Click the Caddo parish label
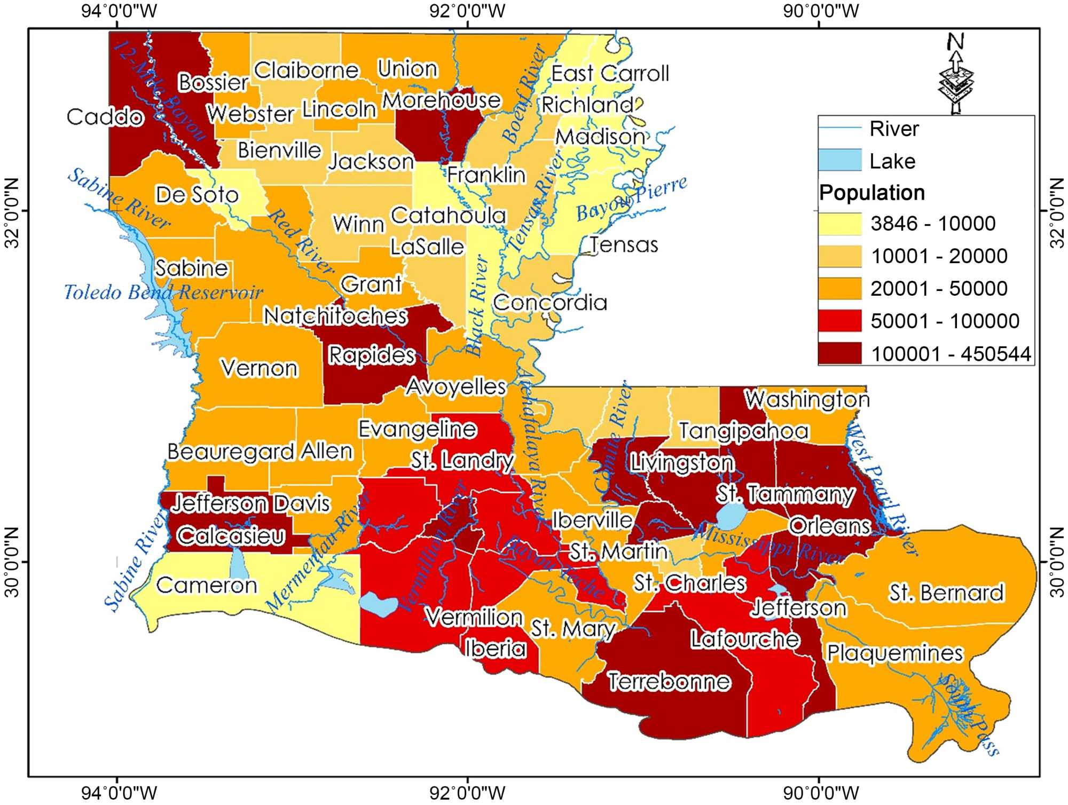105,117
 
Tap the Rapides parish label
371,355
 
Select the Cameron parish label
207,586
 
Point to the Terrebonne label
669,682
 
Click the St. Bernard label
946,593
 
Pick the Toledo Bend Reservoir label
163,293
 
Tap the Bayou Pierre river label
632,199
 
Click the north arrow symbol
956,75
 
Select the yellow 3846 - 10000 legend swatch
840,223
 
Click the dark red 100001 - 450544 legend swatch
840,353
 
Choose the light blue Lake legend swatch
840,160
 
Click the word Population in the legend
871,193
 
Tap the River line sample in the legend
840,128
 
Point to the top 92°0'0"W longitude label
467,11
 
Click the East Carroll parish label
610,74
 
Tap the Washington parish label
807,399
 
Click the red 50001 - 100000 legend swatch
840,321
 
